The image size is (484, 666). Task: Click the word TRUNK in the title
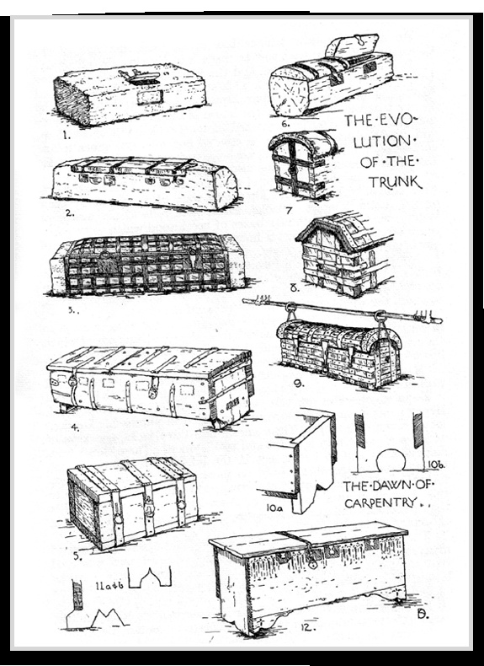395,182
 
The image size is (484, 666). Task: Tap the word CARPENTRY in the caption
380,503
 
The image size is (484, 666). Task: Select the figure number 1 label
66,136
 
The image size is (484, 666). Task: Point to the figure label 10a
274,508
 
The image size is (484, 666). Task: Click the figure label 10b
435,465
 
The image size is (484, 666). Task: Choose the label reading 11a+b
109,586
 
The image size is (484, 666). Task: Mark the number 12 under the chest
307,627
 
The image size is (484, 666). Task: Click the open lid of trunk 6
352,46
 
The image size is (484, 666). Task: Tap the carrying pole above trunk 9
342,310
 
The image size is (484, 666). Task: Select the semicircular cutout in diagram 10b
391,459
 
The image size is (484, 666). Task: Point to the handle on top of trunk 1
139,76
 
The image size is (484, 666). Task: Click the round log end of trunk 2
226,187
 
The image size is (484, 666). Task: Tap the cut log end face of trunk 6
289,92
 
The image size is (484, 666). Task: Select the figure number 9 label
299,383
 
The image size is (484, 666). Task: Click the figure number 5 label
77,556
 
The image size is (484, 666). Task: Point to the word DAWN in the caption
386,486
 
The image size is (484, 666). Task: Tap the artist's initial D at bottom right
422,615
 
